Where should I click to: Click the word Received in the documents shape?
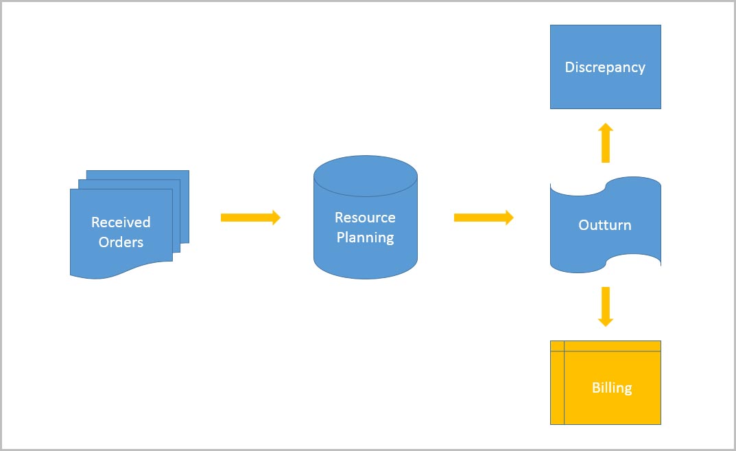(121, 222)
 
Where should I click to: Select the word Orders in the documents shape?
(121, 242)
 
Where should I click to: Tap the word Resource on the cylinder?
(365, 218)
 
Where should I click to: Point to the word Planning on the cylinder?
(365, 238)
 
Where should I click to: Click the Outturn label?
(604, 225)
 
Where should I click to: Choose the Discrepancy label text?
(604, 67)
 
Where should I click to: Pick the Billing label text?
(611, 388)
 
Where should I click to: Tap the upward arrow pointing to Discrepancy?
(605, 144)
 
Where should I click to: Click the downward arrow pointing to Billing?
(605, 305)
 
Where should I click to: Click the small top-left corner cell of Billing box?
(557, 345)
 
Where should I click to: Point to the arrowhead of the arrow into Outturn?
(508, 218)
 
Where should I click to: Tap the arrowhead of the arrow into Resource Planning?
(276, 218)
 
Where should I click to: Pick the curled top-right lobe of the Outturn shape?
(634, 183)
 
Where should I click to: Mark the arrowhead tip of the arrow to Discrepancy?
(605, 126)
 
